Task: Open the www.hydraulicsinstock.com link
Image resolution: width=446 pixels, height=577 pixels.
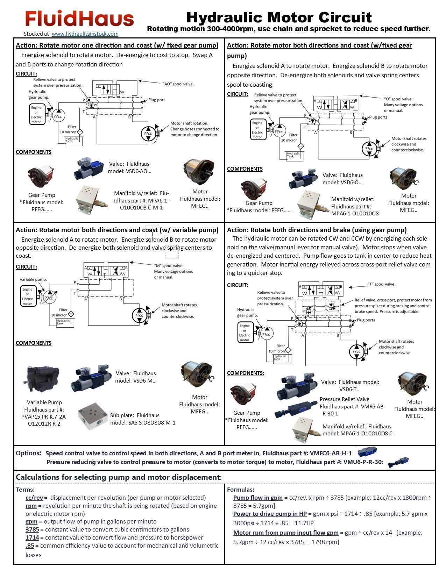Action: [85, 34]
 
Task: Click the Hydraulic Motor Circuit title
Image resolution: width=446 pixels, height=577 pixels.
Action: [279, 17]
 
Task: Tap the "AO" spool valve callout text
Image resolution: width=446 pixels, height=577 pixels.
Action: [178, 84]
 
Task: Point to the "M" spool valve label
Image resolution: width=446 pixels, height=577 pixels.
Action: [169, 266]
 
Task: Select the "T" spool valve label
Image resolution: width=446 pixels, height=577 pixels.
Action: [381, 284]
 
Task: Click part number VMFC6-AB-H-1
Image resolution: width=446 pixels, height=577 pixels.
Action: [331, 453]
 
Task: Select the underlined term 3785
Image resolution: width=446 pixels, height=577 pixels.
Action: [32, 529]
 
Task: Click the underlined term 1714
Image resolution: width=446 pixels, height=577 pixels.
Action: [32, 537]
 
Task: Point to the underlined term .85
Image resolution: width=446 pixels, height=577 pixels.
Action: [30, 546]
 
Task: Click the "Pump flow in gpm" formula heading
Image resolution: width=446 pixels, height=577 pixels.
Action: [258, 498]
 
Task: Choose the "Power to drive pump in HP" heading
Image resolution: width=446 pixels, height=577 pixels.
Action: [270, 514]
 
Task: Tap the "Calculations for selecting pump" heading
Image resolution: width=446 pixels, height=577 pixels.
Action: [119, 477]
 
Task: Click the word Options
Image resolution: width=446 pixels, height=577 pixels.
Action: [28, 453]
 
